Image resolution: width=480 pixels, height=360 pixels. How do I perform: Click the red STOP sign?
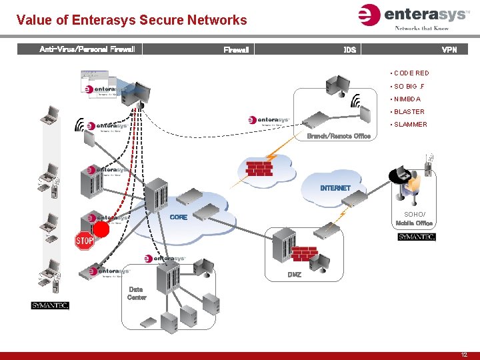[x=84, y=241]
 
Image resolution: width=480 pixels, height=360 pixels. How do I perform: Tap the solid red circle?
[x=101, y=230]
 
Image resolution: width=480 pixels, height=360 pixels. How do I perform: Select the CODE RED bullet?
[x=411, y=73]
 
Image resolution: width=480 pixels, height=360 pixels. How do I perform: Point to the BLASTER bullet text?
[x=409, y=112]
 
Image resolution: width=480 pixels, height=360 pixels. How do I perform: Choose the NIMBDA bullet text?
[x=407, y=99]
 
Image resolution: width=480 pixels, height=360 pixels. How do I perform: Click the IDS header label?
[x=349, y=50]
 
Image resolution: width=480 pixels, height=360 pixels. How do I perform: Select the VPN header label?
[x=449, y=50]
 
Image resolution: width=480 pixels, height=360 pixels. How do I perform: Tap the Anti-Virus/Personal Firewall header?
[x=87, y=49]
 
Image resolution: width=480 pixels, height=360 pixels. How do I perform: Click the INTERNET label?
[x=335, y=188]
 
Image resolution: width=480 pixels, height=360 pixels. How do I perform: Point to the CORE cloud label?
[x=179, y=217]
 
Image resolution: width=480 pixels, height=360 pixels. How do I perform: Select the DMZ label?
[x=294, y=275]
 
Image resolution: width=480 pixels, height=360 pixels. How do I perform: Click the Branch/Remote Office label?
[x=339, y=137]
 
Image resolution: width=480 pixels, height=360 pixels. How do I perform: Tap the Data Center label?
[x=136, y=293]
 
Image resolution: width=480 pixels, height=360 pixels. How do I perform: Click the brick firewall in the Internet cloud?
[x=259, y=168]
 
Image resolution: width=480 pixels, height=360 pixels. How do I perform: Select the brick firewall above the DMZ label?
[x=305, y=254]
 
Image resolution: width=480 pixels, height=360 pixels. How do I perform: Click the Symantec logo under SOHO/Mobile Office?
[x=417, y=237]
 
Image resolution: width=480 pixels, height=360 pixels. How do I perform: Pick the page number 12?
[x=464, y=355]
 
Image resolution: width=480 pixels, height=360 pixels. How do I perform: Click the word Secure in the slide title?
[x=160, y=20]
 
